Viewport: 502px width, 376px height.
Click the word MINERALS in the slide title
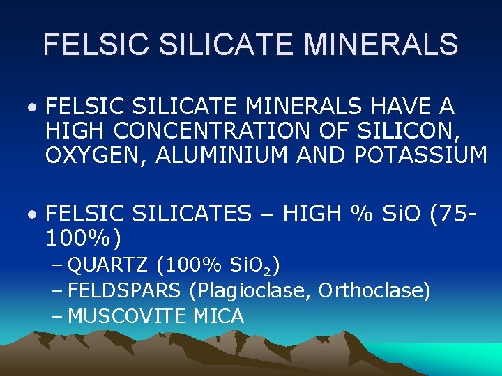pos(381,43)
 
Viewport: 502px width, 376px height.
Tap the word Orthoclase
pos(374,290)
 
